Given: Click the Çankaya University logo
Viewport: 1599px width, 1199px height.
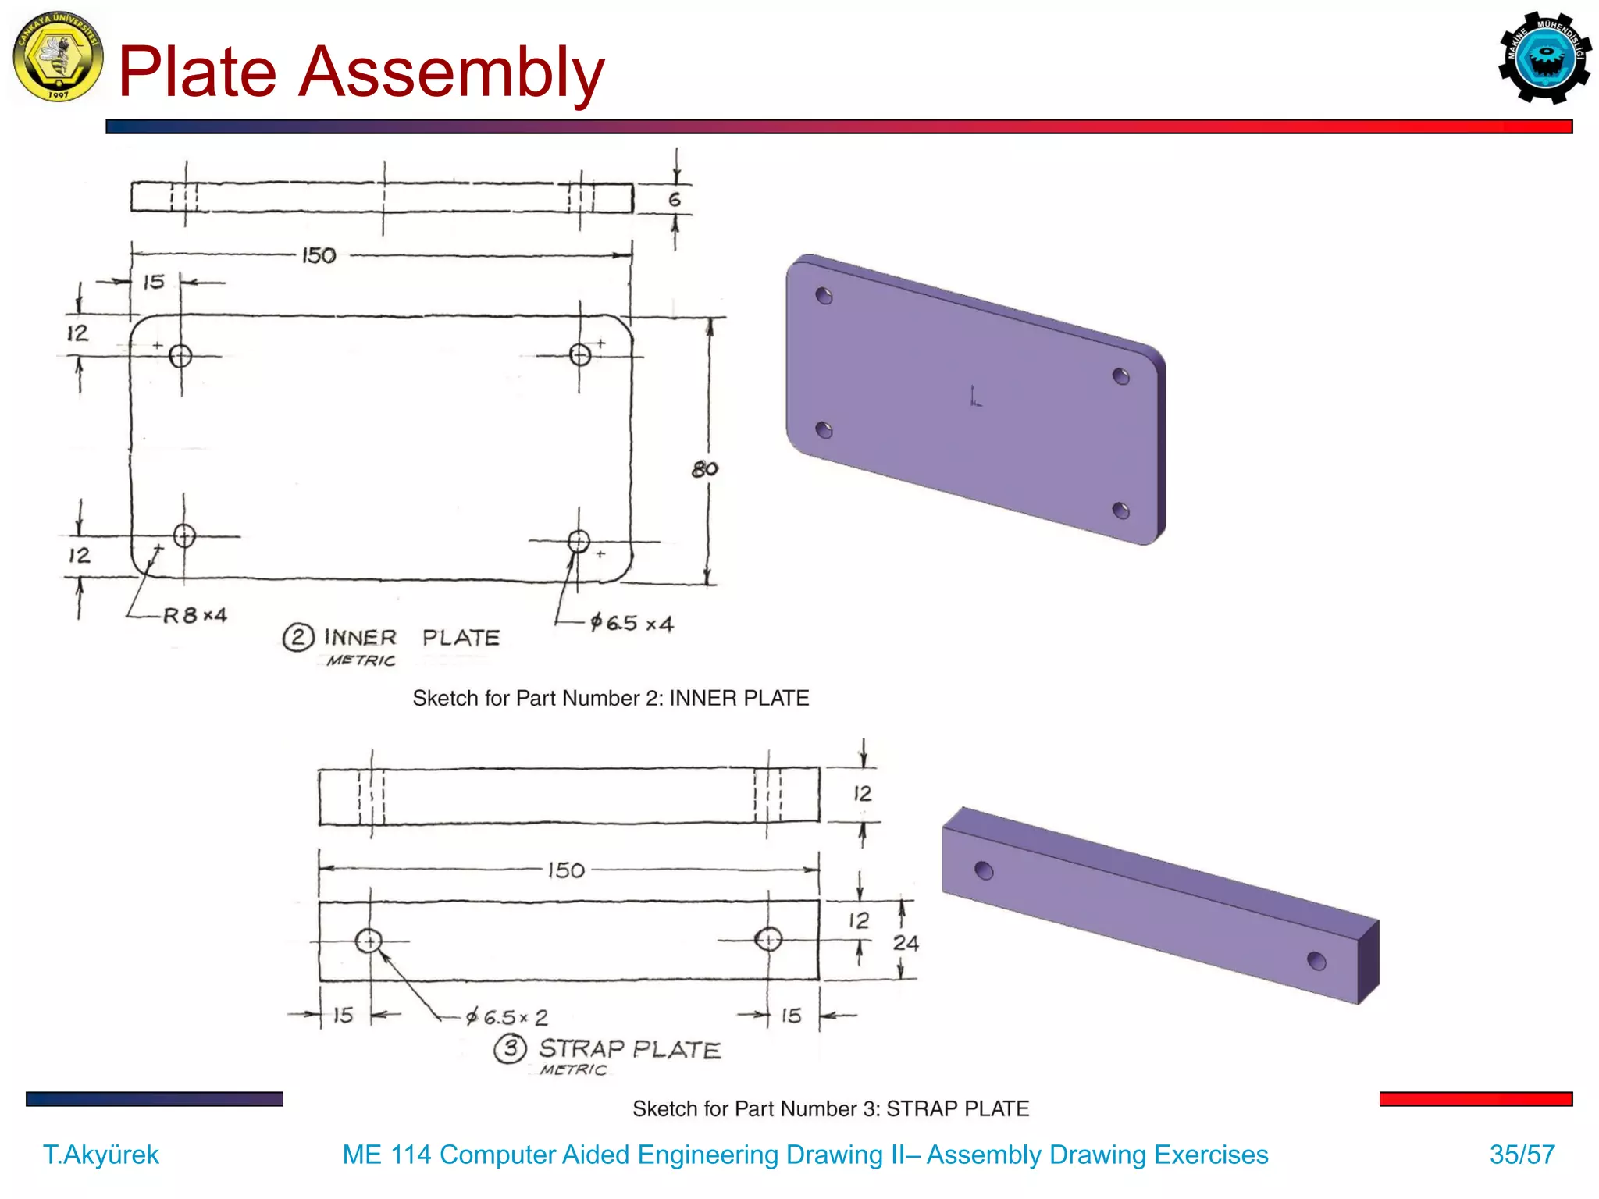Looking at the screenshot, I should point(58,57).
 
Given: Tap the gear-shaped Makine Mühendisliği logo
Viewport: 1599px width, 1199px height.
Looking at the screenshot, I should point(1544,58).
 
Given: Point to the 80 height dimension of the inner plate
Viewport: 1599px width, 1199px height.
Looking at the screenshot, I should point(704,469).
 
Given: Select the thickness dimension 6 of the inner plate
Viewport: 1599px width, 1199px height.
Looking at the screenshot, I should point(675,200).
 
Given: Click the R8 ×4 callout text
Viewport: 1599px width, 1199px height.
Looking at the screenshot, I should point(194,615).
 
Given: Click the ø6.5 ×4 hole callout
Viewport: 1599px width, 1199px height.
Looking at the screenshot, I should point(631,623).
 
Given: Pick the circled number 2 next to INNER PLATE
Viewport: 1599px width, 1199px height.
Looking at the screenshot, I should point(298,637).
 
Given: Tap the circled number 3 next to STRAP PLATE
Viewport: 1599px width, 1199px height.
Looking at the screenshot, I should point(511,1048).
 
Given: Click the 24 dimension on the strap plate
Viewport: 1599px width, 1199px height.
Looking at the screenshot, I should point(906,943).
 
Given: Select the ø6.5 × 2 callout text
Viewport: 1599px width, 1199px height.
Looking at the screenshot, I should point(507,1017).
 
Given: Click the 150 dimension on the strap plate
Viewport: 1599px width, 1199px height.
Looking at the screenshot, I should point(566,870).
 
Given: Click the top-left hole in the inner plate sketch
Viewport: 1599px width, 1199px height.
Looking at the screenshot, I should point(180,356).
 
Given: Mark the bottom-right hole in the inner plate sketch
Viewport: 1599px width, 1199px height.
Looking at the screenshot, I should point(579,541).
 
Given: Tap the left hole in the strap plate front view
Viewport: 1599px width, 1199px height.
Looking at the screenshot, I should point(369,941).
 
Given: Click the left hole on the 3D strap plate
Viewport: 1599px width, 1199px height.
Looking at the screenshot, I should point(985,870).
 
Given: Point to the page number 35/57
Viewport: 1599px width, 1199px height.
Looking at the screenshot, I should point(1522,1155).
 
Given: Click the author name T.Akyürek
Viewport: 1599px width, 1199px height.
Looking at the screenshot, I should point(101,1155).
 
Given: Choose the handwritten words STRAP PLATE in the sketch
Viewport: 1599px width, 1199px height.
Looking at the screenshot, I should point(629,1048).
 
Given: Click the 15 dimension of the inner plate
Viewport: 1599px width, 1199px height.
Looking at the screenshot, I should point(154,282).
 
